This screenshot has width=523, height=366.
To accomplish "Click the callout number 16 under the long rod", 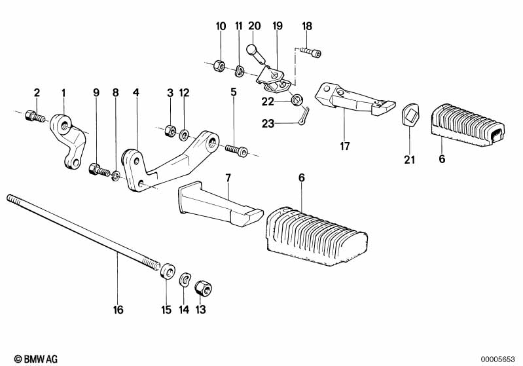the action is (x=118, y=310).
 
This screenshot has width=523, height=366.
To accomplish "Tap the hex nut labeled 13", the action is (x=203, y=287).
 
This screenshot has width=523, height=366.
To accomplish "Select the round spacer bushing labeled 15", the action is (x=168, y=271).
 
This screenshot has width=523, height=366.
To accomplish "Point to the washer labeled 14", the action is (x=185, y=280).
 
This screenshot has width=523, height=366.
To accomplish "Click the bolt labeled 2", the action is (x=34, y=116).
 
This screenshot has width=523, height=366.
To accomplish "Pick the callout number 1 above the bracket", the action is (x=63, y=93).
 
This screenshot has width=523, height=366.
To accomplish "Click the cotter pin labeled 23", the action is (x=305, y=117).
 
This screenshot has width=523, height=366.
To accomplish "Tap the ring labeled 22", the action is (x=297, y=100).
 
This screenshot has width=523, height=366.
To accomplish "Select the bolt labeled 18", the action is (x=310, y=52).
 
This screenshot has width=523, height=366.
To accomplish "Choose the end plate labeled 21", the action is (x=410, y=114).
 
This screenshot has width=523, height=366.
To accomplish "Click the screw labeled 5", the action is (x=236, y=150).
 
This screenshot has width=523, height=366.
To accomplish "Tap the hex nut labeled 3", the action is (x=170, y=130).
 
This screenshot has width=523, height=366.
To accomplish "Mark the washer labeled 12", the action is (x=184, y=135).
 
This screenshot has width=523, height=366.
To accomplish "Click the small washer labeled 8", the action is (x=115, y=175).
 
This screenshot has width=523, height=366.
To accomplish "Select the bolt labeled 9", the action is (x=99, y=170).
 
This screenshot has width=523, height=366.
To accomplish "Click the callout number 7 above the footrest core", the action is (x=228, y=178).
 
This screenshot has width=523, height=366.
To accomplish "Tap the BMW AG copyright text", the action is (x=36, y=359).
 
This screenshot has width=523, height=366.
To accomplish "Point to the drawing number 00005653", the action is (x=498, y=359).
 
